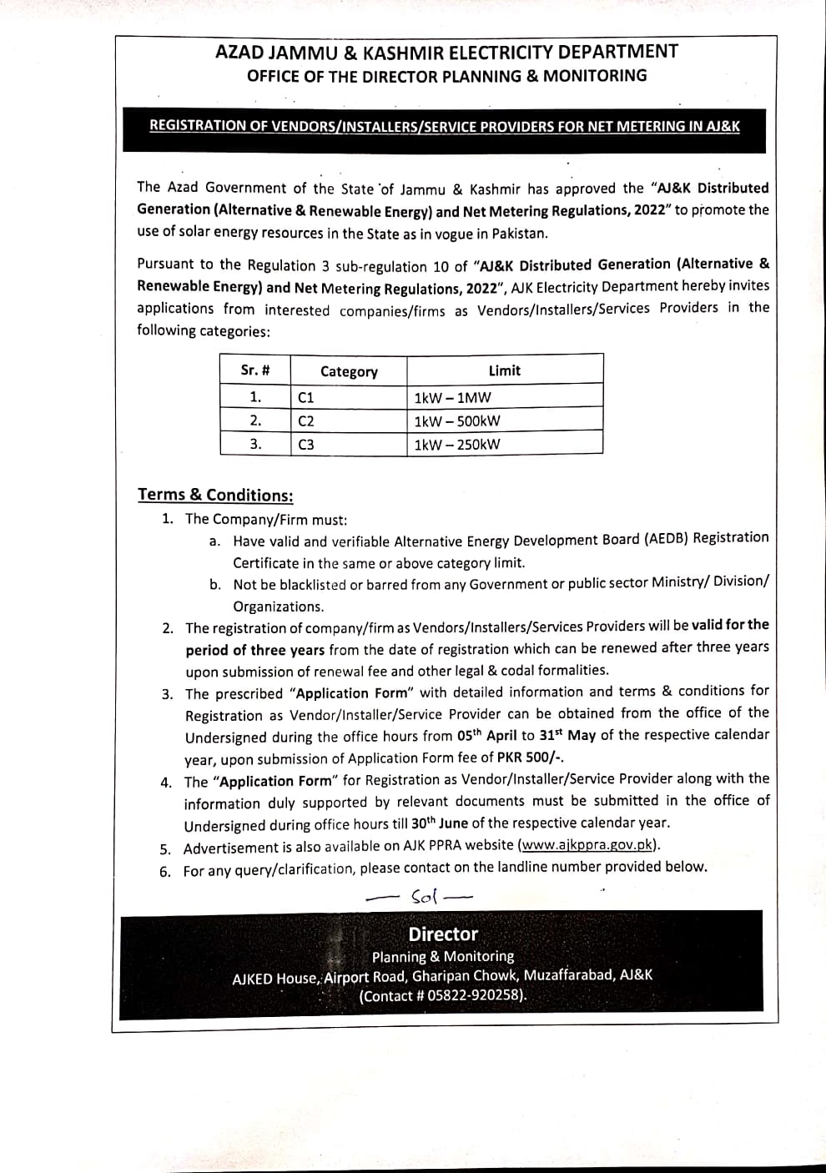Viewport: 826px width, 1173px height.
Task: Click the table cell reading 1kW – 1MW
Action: tap(452, 397)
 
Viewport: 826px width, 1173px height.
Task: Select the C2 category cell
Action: tap(305, 421)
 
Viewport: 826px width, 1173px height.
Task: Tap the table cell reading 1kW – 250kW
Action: tap(457, 444)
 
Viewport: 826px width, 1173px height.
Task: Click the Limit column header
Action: tap(504, 370)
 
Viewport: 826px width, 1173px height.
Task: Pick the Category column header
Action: tap(349, 371)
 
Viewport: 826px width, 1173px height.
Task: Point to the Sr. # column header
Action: tap(254, 370)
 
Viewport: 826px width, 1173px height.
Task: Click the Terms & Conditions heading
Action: tap(215, 495)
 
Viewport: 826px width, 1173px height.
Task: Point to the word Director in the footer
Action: tap(443, 934)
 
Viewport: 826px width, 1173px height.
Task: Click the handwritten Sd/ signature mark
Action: tap(424, 897)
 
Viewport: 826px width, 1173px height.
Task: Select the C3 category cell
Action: tap(305, 445)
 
